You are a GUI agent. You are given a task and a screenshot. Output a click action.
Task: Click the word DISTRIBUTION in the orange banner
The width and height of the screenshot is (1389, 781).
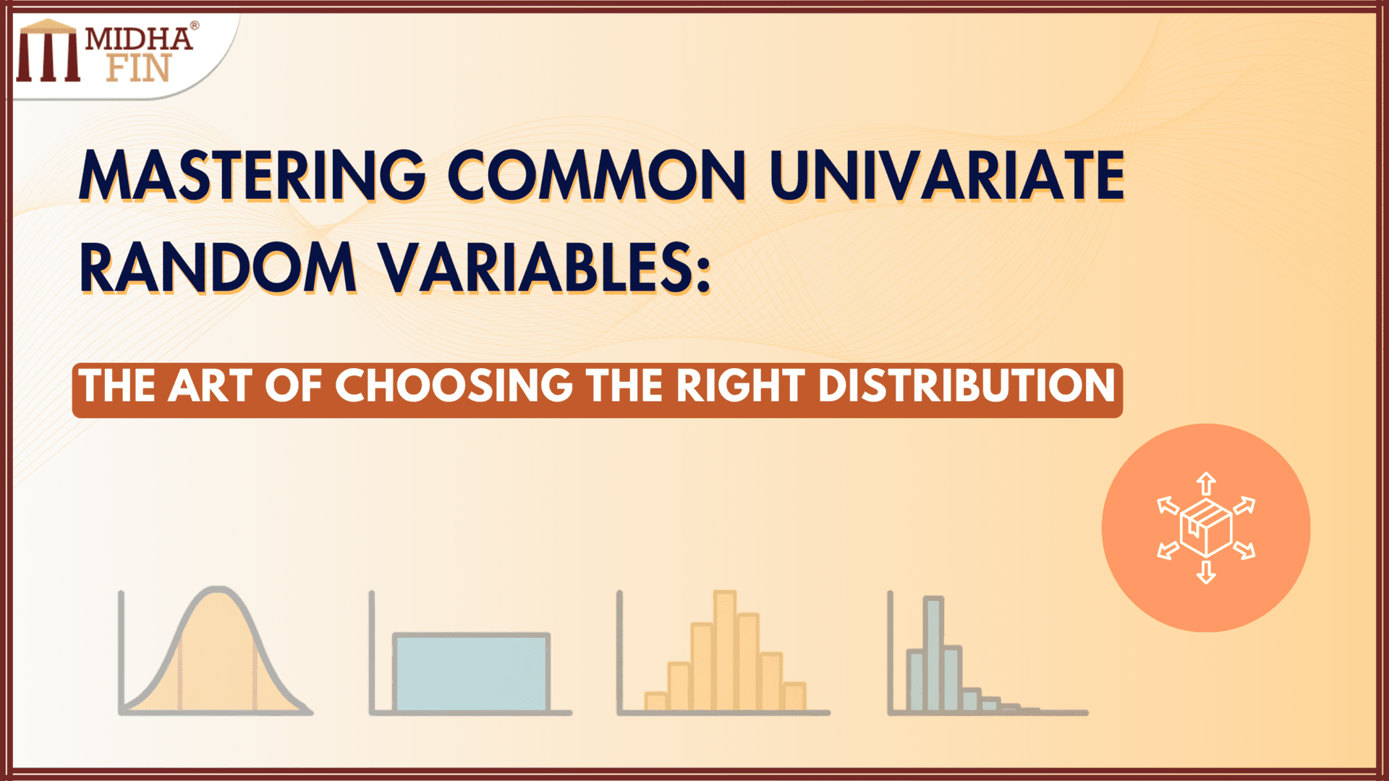[x=967, y=385]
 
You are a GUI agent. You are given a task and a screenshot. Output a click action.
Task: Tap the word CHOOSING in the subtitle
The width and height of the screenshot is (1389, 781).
[x=454, y=385]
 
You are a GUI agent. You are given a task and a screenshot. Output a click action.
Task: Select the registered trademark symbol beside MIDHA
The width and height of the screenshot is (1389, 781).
[x=194, y=26]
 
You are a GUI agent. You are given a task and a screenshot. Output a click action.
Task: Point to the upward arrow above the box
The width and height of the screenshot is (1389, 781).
[x=1206, y=483]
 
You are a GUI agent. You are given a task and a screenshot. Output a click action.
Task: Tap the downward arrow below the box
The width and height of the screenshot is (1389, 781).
[x=1206, y=572]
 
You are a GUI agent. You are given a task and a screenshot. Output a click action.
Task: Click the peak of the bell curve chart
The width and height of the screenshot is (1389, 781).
[x=216, y=591]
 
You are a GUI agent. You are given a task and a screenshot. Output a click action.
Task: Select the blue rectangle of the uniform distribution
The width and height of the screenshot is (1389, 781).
[x=471, y=673]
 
